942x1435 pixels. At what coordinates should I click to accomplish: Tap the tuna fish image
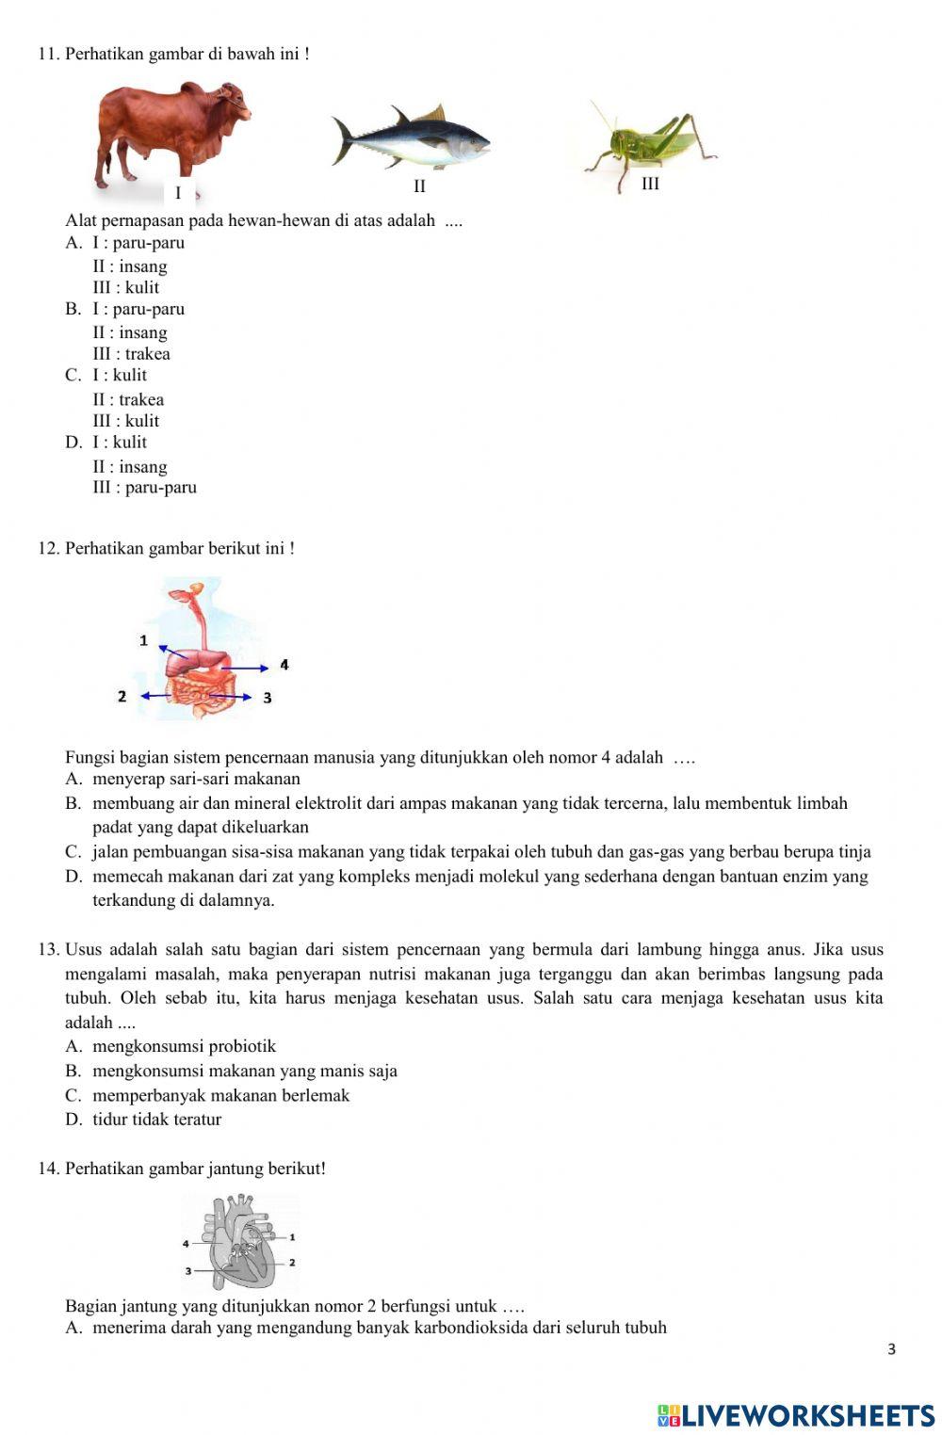click(x=411, y=139)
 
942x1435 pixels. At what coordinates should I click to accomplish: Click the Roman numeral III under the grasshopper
click(x=650, y=184)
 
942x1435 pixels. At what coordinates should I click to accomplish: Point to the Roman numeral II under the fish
click(x=419, y=186)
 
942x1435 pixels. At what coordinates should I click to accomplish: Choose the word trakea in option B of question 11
click(x=148, y=354)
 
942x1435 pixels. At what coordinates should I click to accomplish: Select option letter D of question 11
click(x=73, y=443)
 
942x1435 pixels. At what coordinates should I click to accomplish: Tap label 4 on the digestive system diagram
click(x=284, y=666)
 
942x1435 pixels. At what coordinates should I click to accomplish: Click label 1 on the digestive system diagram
click(x=143, y=640)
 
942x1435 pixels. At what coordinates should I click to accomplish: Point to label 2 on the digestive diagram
click(x=122, y=696)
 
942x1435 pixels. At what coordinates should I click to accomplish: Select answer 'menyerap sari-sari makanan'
click(x=196, y=779)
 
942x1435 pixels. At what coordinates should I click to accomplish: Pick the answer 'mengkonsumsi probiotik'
click(x=184, y=1046)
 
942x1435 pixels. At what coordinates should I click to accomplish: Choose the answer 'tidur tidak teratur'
click(x=156, y=1120)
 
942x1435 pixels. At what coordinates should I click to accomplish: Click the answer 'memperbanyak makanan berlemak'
click(x=220, y=1095)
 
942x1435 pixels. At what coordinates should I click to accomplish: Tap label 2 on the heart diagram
click(x=292, y=1262)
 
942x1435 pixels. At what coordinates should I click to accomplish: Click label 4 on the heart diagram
click(x=186, y=1244)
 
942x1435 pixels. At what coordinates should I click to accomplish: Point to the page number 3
click(x=891, y=1349)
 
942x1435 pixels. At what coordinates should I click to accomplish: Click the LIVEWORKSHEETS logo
click(x=795, y=1415)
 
